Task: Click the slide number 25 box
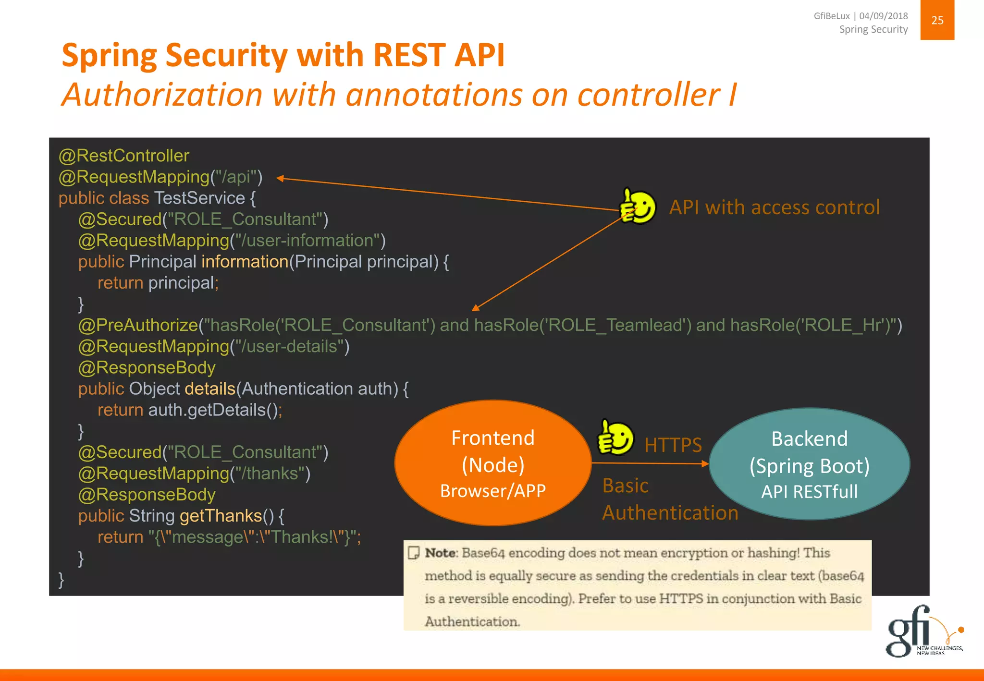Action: pos(937,20)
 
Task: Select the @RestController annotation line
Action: pos(124,156)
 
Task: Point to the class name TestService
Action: pos(199,198)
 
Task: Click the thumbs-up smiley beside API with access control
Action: pos(638,207)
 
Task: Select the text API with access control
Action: pos(774,207)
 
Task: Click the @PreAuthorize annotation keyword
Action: pos(138,325)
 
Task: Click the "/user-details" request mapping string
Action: pos(290,346)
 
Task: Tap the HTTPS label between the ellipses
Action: pos(673,445)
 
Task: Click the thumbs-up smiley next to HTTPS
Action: pos(615,438)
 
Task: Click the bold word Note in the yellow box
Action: pos(440,553)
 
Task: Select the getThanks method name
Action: pos(221,516)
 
